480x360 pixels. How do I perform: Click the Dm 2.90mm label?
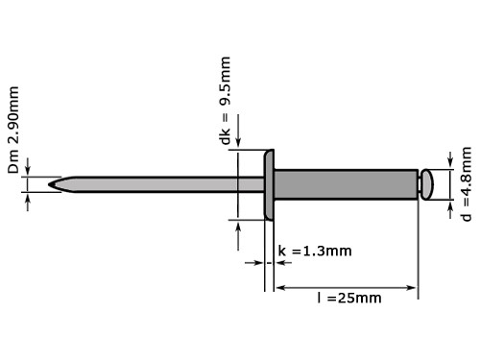[x=14, y=132]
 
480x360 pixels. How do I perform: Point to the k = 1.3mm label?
[x=315, y=252]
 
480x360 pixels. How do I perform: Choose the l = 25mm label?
[x=349, y=298]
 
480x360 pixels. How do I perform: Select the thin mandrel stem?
[x=154, y=182]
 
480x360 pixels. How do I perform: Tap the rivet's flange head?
[x=270, y=184]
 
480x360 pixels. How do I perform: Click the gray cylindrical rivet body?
[x=346, y=182]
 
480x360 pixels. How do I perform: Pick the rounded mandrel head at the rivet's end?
[x=427, y=182]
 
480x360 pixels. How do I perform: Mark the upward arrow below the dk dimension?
[x=239, y=226]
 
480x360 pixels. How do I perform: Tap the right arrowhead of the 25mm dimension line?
[x=414, y=286]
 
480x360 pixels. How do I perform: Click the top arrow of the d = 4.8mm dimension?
[x=448, y=162]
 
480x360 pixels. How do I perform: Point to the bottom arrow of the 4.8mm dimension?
[x=448, y=204]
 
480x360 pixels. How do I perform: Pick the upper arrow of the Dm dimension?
[x=30, y=169]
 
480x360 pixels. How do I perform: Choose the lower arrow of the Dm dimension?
[x=30, y=197]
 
